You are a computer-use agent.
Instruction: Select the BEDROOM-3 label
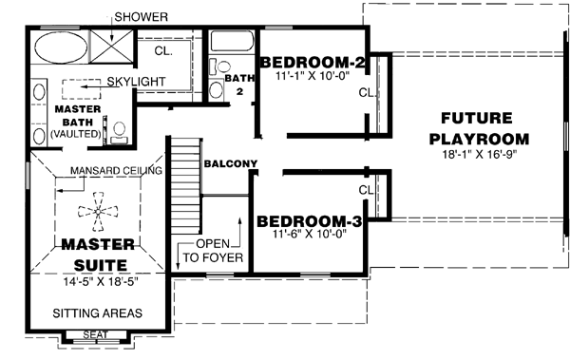point(309,222)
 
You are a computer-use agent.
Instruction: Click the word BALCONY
point(231,163)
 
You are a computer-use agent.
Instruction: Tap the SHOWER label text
point(141,17)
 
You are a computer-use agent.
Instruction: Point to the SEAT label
point(95,333)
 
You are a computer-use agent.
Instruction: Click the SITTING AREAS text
point(98,313)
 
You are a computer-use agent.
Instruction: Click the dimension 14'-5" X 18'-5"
point(96,280)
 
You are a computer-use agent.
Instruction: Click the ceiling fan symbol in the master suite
point(94,216)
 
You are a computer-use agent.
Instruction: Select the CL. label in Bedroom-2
point(368,93)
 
